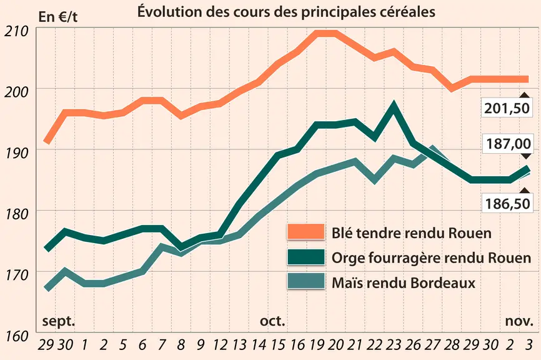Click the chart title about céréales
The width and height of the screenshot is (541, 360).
(286, 11)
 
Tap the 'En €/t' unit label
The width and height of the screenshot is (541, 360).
(57, 17)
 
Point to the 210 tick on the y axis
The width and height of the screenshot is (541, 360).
(16, 31)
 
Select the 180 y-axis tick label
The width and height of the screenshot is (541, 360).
(16, 214)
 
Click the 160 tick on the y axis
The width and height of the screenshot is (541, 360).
(16, 336)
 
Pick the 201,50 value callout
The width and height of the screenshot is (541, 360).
(507, 108)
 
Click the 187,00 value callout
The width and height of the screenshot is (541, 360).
(509, 144)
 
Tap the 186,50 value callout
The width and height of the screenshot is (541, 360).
(507, 204)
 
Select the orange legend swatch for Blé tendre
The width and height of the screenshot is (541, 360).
(305, 232)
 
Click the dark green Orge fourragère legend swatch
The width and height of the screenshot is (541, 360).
(305, 257)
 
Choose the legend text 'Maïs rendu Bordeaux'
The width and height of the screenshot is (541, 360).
(404, 283)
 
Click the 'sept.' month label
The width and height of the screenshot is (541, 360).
(58, 321)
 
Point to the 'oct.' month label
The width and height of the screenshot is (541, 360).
(272, 321)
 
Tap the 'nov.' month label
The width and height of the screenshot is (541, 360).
(519, 321)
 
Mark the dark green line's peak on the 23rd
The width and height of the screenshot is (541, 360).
(394, 104)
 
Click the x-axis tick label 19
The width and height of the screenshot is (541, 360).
(317, 344)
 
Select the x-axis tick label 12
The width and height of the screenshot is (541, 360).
(220, 344)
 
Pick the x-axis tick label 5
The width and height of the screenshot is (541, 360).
(123, 344)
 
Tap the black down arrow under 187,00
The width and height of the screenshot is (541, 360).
(526, 156)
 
